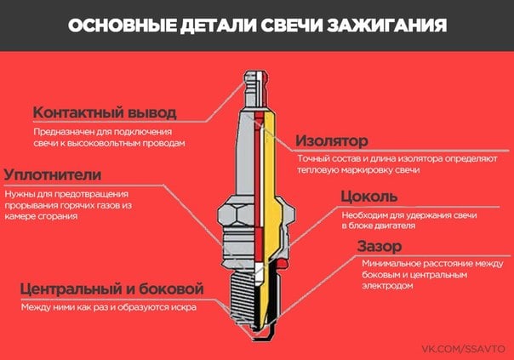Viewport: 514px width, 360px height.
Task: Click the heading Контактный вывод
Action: click(105, 112)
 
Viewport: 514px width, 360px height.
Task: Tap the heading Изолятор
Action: click(332, 140)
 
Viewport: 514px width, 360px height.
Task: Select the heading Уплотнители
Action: click(53, 174)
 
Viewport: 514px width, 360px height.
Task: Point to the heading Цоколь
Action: click(369, 197)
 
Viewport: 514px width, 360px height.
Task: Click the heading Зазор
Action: click(380, 246)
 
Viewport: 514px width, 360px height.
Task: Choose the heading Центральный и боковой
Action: click(111, 289)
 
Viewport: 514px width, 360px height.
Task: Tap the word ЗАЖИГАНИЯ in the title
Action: click(387, 26)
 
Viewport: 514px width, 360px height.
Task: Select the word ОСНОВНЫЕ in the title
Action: click(122, 26)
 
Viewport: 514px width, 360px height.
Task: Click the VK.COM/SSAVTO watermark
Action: click(463, 349)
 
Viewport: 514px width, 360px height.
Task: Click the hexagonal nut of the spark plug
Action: click(256, 214)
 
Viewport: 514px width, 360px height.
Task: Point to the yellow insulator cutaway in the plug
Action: click(272, 197)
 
